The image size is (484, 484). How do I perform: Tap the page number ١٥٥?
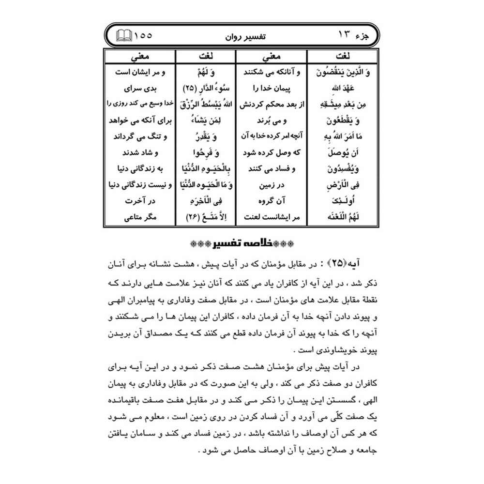coord(142,35)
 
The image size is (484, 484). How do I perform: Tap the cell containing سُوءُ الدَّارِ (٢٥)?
coord(205,89)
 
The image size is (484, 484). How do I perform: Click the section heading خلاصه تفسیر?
coord(242,242)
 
